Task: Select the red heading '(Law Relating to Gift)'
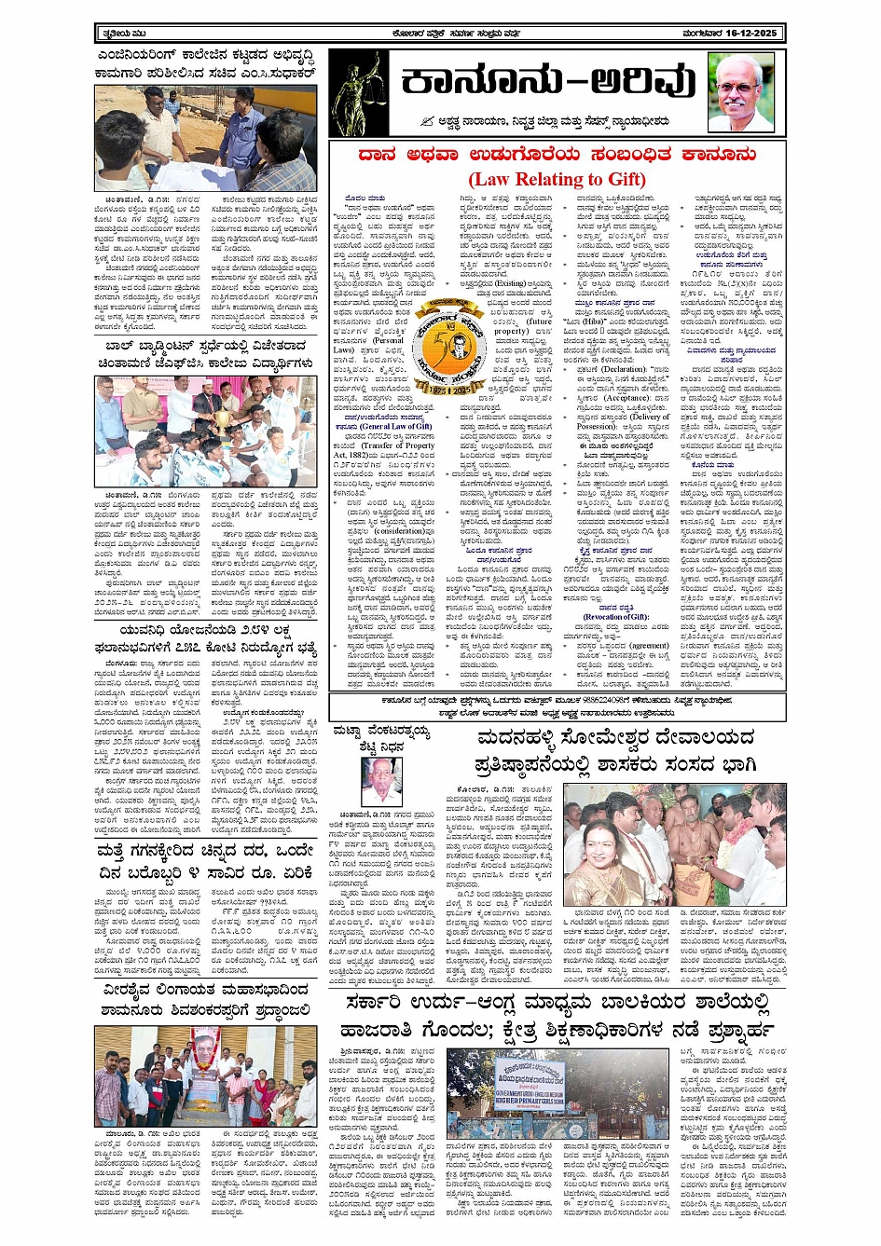click(x=557, y=179)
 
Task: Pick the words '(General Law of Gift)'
click(x=396, y=426)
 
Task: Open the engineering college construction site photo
click(x=206, y=138)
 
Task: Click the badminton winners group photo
click(x=206, y=418)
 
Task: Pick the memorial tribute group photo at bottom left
click(x=206, y=1075)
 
